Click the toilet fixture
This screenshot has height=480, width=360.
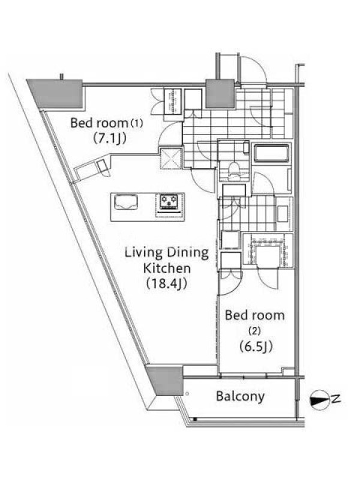[235, 168]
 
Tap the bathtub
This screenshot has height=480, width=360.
[271, 153]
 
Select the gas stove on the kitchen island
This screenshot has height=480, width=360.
[169, 202]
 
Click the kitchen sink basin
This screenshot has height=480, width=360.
[126, 202]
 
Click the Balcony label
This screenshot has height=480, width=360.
[241, 397]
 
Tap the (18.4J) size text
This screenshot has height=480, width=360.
[167, 284]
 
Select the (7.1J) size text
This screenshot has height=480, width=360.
[110, 139]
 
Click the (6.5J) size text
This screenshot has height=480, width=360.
[256, 347]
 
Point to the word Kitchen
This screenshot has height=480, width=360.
[167, 268]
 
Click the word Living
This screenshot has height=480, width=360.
[143, 253]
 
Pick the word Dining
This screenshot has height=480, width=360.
[188, 253]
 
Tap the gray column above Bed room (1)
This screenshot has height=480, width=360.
[56, 93]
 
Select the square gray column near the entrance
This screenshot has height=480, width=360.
[220, 94]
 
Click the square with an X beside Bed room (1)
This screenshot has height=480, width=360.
[171, 158]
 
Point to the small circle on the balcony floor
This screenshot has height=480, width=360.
[187, 394]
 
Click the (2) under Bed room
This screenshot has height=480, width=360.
[254, 331]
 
